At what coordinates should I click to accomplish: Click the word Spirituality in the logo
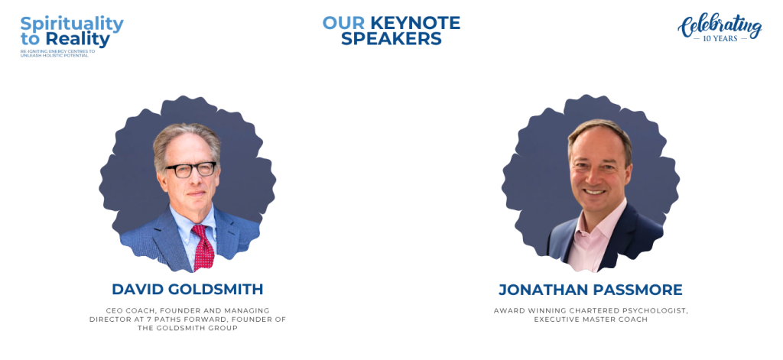tap(72, 24)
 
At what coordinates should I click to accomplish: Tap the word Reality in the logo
tap(77, 40)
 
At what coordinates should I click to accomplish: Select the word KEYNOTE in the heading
tap(415, 23)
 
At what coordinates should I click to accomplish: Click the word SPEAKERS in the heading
tap(391, 38)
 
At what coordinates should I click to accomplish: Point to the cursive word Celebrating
tap(720, 26)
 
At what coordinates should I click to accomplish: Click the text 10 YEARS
tap(720, 38)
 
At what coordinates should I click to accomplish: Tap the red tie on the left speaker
tap(203, 247)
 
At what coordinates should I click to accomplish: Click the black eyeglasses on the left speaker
tap(190, 170)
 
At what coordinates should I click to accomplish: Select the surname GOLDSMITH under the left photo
tap(216, 289)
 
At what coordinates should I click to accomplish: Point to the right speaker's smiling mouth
tap(595, 191)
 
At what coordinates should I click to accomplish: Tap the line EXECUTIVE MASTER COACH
tap(591, 319)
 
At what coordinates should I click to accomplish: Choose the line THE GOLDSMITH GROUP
tap(188, 328)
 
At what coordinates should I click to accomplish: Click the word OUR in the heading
tap(343, 23)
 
